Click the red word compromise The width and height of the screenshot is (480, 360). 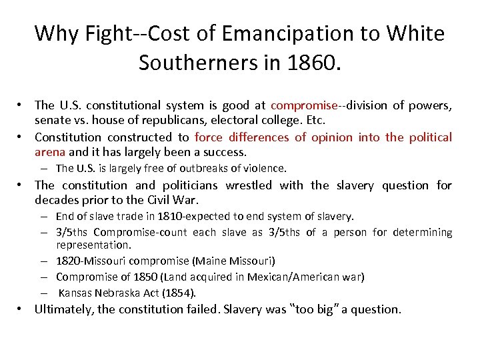[x=305, y=105]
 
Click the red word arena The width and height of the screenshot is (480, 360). [x=50, y=152]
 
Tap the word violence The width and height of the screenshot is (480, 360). [x=261, y=169]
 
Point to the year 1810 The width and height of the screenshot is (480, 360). [x=177, y=216]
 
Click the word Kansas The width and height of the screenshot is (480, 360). [x=76, y=293]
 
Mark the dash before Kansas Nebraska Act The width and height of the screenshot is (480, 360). [x=43, y=293]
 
